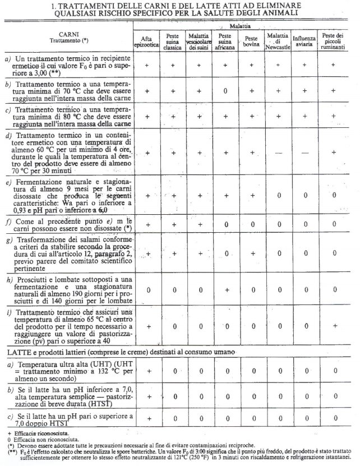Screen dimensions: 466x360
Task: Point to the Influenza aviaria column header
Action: (304, 41)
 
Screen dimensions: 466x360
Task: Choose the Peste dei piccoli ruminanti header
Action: (333, 41)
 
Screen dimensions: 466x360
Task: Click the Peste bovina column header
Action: (251, 41)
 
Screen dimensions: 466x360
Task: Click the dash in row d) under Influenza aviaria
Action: (304, 152)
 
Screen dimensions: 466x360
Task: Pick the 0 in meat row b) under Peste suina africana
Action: (225, 90)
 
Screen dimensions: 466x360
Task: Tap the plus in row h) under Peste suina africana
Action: (225, 290)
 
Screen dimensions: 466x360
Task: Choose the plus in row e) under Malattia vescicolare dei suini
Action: (199, 196)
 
